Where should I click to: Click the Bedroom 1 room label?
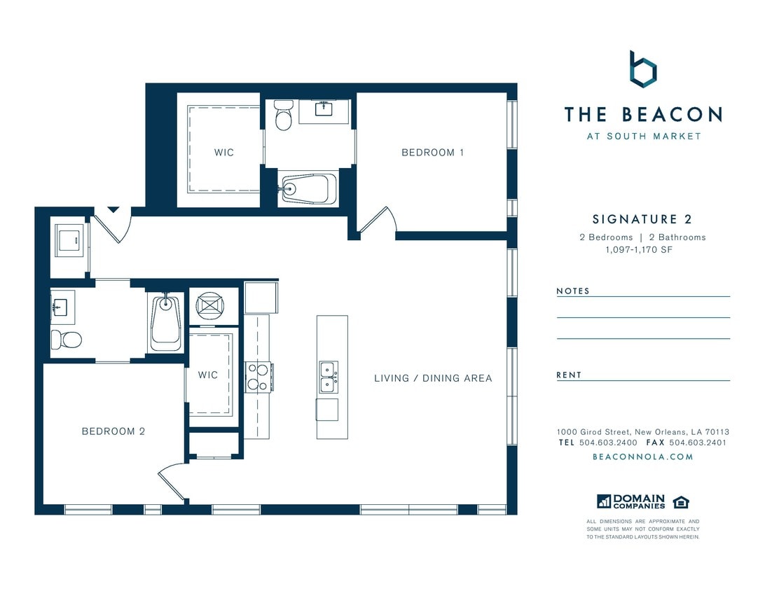pyautogui.click(x=432, y=153)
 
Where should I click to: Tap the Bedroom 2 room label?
pyautogui.click(x=113, y=431)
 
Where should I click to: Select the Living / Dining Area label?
pyautogui.click(x=433, y=378)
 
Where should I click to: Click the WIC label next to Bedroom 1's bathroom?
pyautogui.click(x=224, y=153)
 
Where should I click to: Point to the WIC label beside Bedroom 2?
pyautogui.click(x=208, y=375)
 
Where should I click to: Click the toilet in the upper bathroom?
pyautogui.click(x=284, y=117)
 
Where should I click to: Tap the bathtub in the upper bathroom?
pyautogui.click(x=309, y=188)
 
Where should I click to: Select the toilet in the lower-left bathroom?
pyautogui.click(x=66, y=340)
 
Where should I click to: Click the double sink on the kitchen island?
pyautogui.click(x=327, y=377)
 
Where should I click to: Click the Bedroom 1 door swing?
pyautogui.click(x=378, y=220)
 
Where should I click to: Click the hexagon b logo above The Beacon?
pyautogui.click(x=642, y=69)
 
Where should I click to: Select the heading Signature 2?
pyautogui.click(x=642, y=220)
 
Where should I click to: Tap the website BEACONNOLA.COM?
pyautogui.click(x=642, y=457)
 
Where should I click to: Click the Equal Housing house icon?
pyautogui.click(x=680, y=501)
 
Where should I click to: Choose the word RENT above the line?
pyautogui.click(x=569, y=375)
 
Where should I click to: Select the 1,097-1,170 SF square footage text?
pyautogui.click(x=642, y=249)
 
